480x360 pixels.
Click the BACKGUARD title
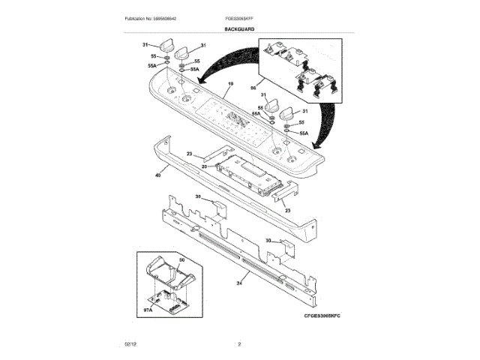pyautogui.click(x=239, y=28)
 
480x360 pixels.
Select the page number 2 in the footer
pyautogui.click(x=239, y=343)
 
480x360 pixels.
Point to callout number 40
pyautogui.click(x=157, y=175)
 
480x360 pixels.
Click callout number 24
pyautogui.click(x=239, y=283)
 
